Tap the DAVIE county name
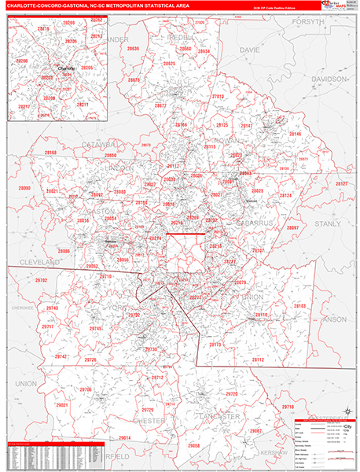[x=249, y=50]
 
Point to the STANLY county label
[x=328, y=223]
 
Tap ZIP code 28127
[x=342, y=183]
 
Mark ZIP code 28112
[x=259, y=359]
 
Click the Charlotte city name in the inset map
[x=66, y=68]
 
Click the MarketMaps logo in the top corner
[x=339, y=6]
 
